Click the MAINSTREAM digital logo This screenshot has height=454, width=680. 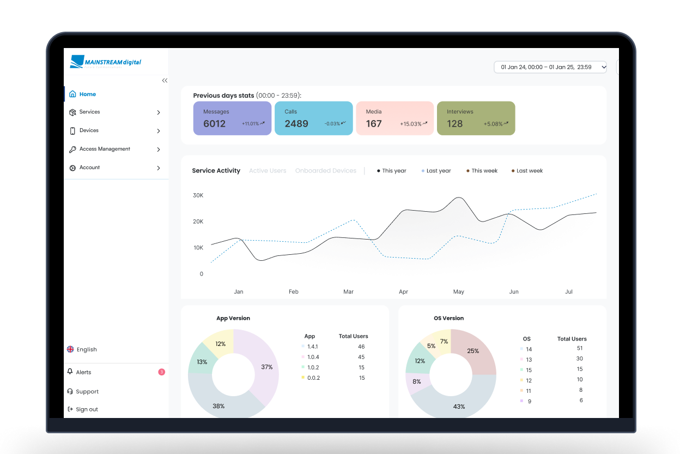(106, 62)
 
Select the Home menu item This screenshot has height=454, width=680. (87, 94)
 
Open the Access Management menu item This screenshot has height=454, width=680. (105, 149)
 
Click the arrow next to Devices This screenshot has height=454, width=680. (159, 131)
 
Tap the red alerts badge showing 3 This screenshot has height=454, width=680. (161, 372)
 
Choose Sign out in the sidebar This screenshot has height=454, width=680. (87, 409)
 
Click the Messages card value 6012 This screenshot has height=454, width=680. (214, 124)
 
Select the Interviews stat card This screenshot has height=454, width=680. (476, 118)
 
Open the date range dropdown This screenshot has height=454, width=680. (550, 67)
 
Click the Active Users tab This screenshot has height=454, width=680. (268, 171)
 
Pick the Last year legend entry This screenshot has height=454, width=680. (438, 171)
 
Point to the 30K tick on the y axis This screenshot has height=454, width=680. (198, 195)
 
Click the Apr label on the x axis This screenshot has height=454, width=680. (403, 292)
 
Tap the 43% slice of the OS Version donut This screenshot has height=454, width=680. (459, 406)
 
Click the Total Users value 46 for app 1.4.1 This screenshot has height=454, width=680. (361, 347)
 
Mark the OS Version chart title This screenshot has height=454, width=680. (448, 318)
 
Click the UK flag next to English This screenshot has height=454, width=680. (70, 349)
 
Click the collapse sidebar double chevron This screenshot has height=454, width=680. (165, 81)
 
